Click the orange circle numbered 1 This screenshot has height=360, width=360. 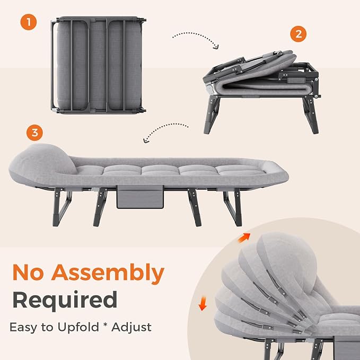(29, 22)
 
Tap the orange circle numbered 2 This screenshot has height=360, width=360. (298, 34)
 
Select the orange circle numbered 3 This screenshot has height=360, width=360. (34, 133)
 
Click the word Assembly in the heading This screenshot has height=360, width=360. (108, 273)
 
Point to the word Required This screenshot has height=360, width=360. (65, 301)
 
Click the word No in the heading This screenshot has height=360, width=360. (28, 273)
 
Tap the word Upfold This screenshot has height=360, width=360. (78, 327)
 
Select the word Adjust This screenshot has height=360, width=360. (131, 328)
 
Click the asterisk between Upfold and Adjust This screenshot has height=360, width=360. (105, 325)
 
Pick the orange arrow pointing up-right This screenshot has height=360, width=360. (244, 238)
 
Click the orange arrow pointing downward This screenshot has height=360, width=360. (203, 303)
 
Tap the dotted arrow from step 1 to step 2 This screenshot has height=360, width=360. (195, 37)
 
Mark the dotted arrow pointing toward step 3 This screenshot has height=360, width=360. (164, 130)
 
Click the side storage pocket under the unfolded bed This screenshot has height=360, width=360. (140, 197)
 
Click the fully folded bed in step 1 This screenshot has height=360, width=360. (98, 65)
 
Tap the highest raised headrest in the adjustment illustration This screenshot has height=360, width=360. (287, 262)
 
